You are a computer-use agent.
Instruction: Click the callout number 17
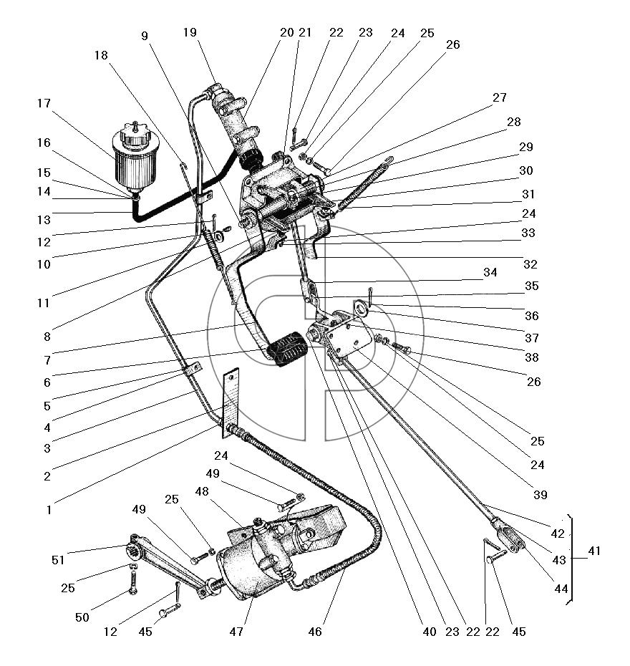[44, 103]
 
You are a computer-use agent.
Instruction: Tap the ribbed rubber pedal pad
[287, 349]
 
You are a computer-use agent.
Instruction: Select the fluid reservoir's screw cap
[135, 133]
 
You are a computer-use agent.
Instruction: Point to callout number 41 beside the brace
[594, 551]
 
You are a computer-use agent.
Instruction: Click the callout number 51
[58, 560]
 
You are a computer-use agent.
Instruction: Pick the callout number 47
[236, 632]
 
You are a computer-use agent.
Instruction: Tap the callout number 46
[315, 632]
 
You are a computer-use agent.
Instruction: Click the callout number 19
[190, 32]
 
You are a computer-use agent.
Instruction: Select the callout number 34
[490, 272]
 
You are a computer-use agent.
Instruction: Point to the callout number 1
[49, 510]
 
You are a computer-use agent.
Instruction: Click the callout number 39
[540, 495]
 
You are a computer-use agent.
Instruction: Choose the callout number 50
[82, 617]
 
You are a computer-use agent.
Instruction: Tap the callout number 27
[500, 97]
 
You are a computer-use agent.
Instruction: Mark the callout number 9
[145, 36]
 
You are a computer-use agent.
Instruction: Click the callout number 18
[101, 55]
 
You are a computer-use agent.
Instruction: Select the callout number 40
[430, 632]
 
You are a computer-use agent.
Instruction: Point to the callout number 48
[202, 491]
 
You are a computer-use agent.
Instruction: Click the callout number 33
[528, 233]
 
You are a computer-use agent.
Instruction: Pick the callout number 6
[47, 382]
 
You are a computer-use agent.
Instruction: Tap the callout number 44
[561, 589]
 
